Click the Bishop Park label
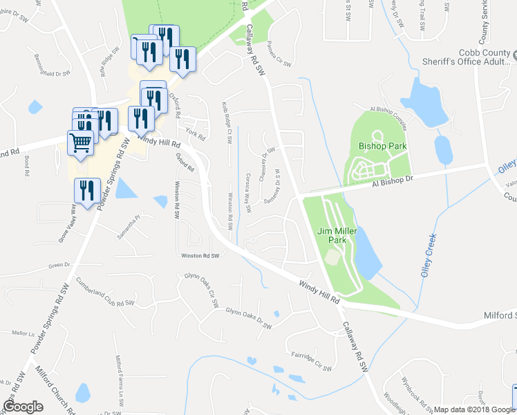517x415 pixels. point(382,147)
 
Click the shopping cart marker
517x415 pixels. point(81,144)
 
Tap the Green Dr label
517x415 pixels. point(59,265)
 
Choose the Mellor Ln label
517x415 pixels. point(23,333)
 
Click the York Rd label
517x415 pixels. point(196,133)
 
